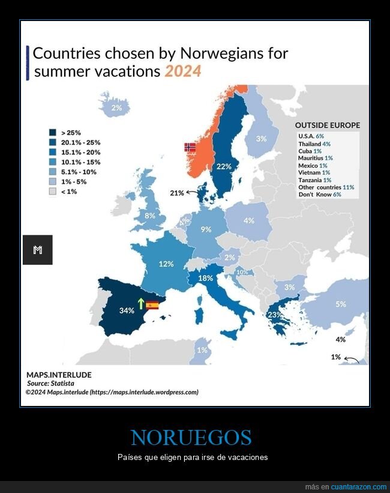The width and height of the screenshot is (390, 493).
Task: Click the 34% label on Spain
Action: (x=126, y=310)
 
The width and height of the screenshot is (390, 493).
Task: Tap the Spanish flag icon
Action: (x=152, y=305)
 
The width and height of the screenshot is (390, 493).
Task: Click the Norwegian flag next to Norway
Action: (x=190, y=147)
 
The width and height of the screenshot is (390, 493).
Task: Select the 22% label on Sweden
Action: (x=224, y=166)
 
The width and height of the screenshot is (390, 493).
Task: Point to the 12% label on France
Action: (x=166, y=264)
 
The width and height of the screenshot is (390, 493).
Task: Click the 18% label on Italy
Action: (x=206, y=278)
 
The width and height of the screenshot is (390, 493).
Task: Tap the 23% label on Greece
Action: (x=275, y=315)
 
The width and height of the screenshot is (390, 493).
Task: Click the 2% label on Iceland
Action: (x=116, y=108)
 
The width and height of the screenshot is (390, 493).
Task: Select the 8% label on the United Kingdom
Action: (x=150, y=216)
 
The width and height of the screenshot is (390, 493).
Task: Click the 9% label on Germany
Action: (x=206, y=229)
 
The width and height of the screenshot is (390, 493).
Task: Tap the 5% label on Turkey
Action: (x=340, y=304)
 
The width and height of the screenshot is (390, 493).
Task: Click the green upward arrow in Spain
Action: (x=141, y=304)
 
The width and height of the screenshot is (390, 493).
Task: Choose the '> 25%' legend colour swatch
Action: (x=52, y=133)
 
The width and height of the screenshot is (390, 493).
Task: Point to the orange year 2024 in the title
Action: (x=183, y=72)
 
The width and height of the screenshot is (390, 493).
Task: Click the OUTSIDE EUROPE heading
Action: (x=327, y=126)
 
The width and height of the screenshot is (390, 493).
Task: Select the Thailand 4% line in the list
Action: (x=314, y=144)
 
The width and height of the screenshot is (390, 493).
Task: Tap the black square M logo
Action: (x=37, y=250)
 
